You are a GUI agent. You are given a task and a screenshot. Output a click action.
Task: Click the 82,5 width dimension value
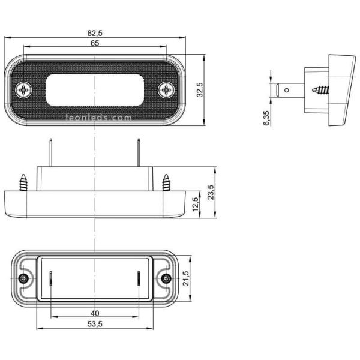(95, 34)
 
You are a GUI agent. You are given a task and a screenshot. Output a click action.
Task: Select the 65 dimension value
(95, 44)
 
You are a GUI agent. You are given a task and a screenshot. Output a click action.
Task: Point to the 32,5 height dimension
(200, 91)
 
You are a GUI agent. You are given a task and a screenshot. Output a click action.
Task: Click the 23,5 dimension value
(211, 193)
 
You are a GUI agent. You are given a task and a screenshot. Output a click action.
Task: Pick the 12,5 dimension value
(195, 204)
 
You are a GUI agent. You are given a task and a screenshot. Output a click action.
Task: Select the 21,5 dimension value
(185, 278)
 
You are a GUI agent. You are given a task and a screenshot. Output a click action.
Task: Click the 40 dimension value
(95, 313)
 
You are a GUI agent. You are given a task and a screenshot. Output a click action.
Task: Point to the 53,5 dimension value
(95, 325)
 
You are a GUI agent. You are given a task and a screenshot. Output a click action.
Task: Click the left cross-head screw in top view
(25, 91)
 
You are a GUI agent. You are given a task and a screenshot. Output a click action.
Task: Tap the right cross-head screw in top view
(166, 91)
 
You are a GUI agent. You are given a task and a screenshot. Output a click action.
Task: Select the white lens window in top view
(95, 90)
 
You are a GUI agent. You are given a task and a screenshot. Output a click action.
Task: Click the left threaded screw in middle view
(25, 182)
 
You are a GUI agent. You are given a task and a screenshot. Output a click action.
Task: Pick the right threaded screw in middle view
(165, 182)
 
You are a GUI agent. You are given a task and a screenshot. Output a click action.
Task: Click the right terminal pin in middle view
(140, 152)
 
